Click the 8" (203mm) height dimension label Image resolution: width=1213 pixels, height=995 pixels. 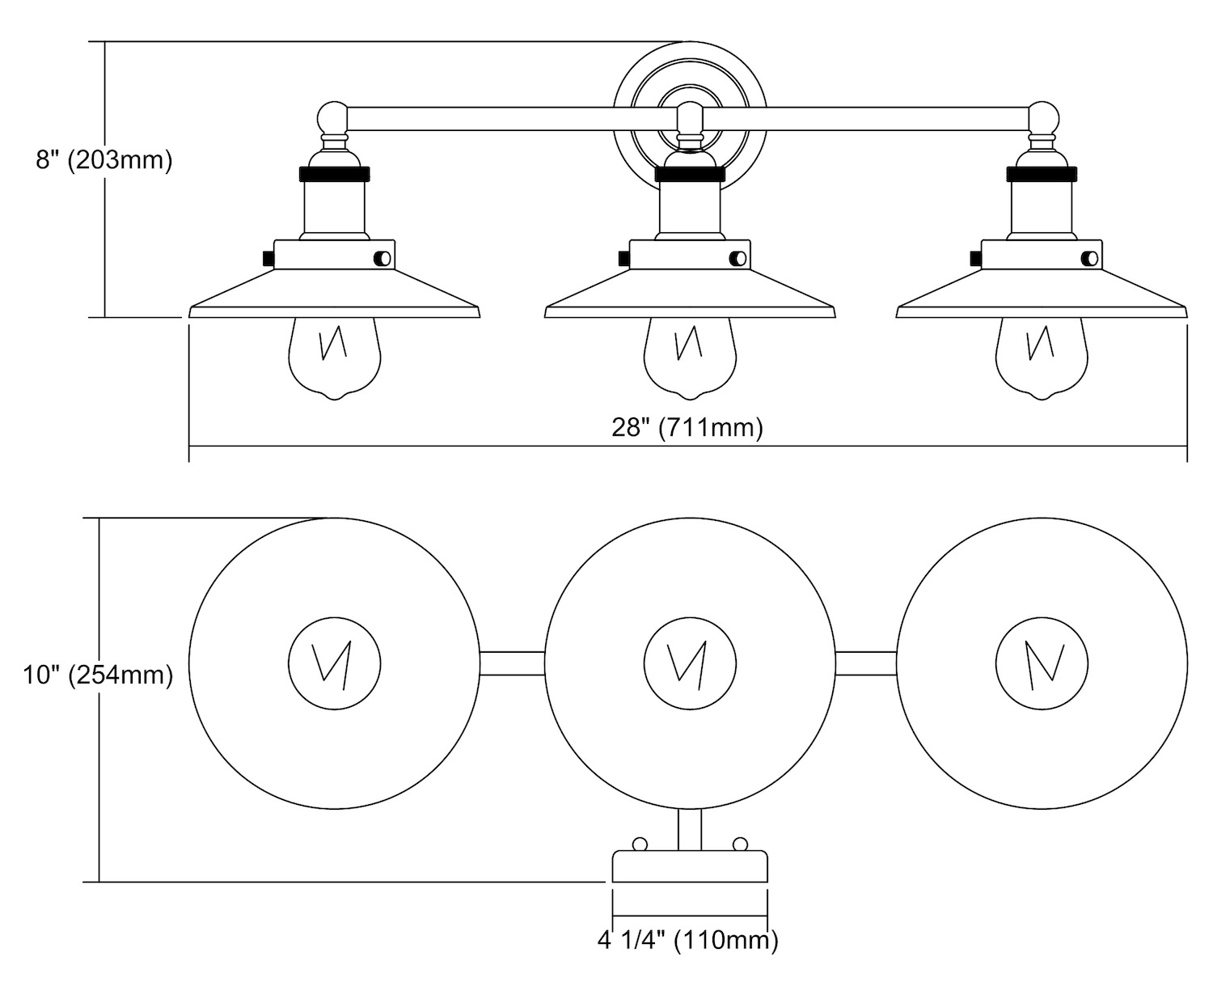click(x=104, y=160)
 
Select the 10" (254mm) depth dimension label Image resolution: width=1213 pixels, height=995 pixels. click(x=98, y=674)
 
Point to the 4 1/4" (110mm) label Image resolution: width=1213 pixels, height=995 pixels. click(x=687, y=940)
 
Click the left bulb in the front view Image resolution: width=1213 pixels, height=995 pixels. click(x=335, y=356)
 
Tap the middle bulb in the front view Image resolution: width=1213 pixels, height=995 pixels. click(x=690, y=356)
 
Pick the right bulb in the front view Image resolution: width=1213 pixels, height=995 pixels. click(x=1042, y=356)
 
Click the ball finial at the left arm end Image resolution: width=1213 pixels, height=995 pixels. click(x=332, y=119)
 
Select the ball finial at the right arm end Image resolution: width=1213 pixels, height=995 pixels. click(x=1043, y=119)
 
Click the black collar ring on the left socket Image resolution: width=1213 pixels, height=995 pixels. click(x=335, y=174)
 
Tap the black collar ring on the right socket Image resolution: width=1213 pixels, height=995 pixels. click(x=1042, y=174)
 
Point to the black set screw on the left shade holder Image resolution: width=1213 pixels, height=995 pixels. click(x=268, y=258)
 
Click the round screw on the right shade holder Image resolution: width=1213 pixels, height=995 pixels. click(x=1090, y=258)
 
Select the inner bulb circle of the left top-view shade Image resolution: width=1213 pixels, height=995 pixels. click(x=335, y=664)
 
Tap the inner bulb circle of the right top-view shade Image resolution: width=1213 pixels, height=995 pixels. click(x=1042, y=664)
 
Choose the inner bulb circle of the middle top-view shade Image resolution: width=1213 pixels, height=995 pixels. click(x=691, y=664)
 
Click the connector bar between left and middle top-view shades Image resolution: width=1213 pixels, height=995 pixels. click(x=512, y=663)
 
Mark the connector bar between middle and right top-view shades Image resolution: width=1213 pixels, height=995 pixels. click(x=865, y=663)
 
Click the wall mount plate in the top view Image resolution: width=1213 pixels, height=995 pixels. click(x=690, y=866)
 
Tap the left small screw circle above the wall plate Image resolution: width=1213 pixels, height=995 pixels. click(x=640, y=845)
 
